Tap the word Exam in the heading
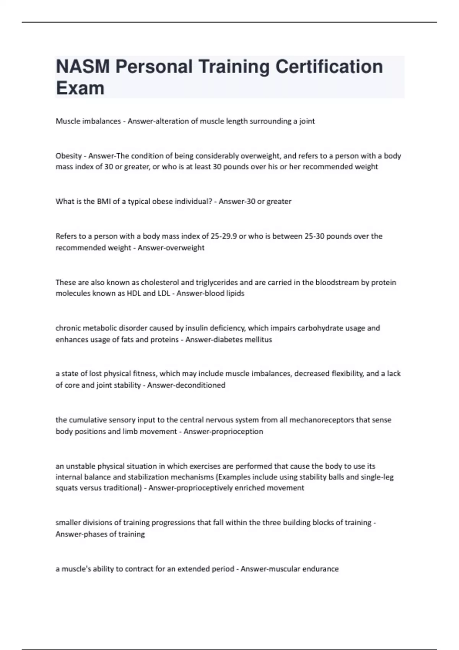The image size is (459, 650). point(80,88)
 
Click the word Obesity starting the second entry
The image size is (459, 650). point(68,156)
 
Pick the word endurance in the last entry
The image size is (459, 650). point(321,569)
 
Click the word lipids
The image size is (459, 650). point(234,294)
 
